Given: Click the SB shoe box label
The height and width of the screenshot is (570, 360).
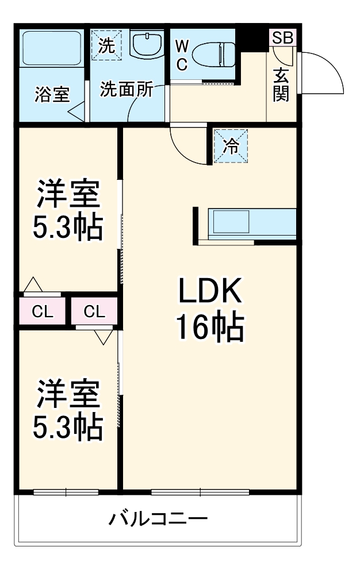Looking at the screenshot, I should (x=282, y=38).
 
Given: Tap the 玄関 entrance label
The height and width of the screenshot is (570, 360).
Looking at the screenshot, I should (x=281, y=84).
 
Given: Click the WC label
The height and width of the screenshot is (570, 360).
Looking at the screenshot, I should (x=181, y=55).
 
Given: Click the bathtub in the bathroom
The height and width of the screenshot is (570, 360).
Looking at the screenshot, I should (x=51, y=49).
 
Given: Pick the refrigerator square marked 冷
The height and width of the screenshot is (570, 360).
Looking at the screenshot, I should (x=231, y=145).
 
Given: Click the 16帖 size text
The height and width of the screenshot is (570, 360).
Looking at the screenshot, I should (x=210, y=328).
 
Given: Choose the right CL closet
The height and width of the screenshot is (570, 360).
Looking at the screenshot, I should (x=95, y=312).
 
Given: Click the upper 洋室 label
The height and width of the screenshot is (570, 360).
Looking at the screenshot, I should (x=68, y=195).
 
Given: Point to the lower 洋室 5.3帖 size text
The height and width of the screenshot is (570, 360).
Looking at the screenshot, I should (x=68, y=426).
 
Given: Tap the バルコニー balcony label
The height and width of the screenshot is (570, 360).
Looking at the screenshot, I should (x=158, y=520).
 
